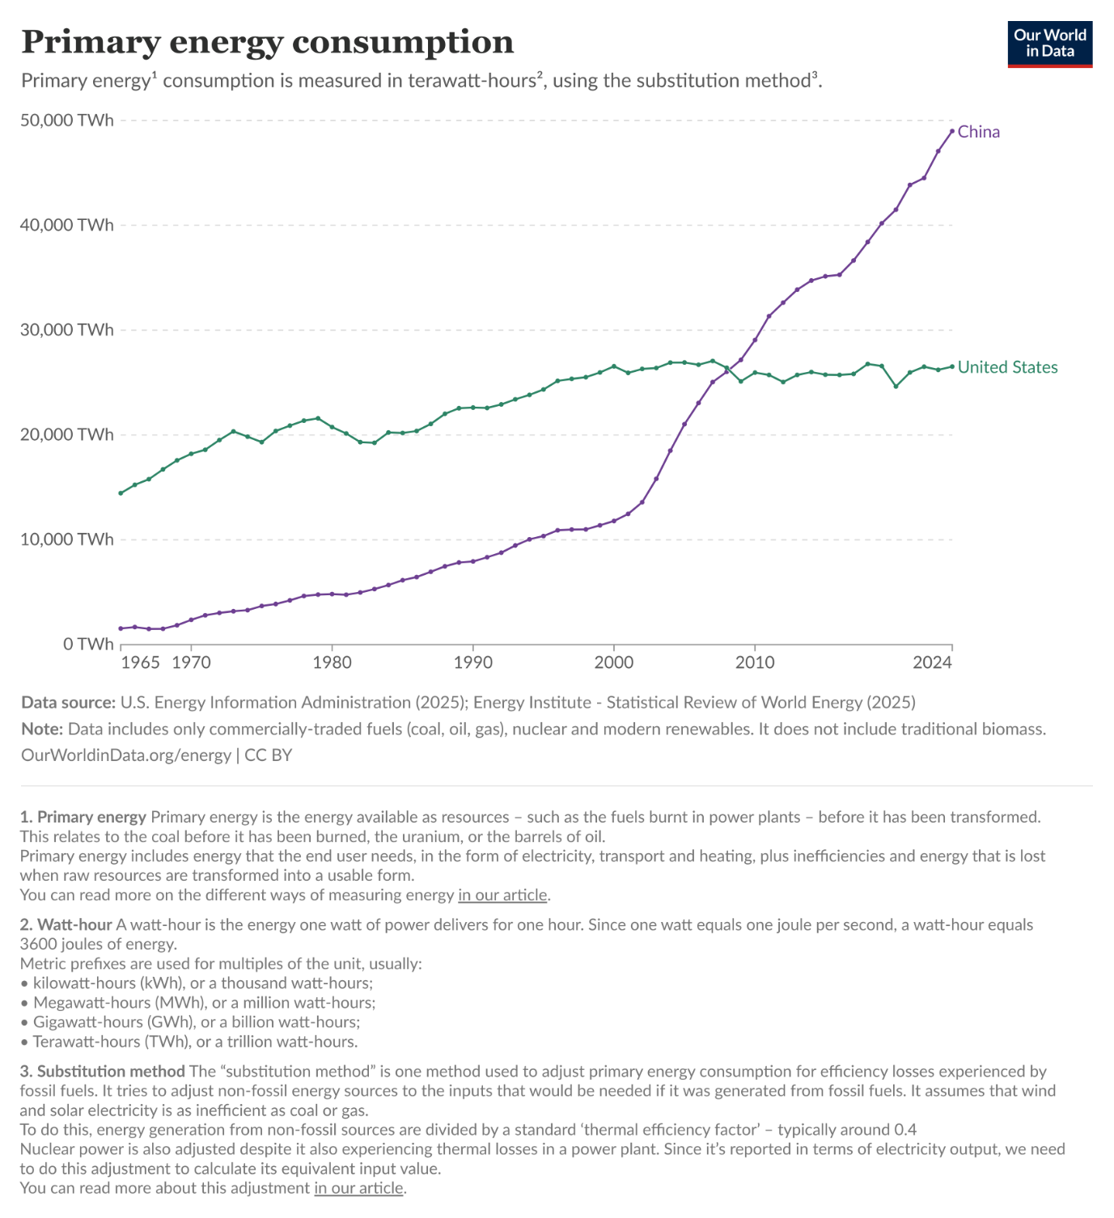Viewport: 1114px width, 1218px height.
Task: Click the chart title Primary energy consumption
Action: pyautogui.click(x=267, y=42)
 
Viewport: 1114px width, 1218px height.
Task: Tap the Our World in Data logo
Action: pyautogui.click(x=1049, y=44)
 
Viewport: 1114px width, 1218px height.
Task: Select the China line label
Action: pyautogui.click(x=978, y=132)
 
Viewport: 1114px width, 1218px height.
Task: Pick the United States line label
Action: pyautogui.click(x=1007, y=367)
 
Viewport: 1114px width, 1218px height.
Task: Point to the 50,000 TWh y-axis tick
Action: pyautogui.click(x=67, y=121)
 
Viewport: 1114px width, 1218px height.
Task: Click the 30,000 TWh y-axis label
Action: pyautogui.click(x=67, y=330)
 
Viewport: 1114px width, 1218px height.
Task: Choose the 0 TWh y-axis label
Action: pyautogui.click(x=89, y=644)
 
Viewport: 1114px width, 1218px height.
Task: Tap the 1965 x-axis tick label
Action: pyautogui.click(x=140, y=662)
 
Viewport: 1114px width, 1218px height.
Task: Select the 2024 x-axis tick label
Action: pyautogui.click(x=932, y=662)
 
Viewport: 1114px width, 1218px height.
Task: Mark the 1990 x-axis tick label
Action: pyautogui.click(x=473, y=662)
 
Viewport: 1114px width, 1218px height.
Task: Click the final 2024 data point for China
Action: pyautogui.click(x=952, y=131)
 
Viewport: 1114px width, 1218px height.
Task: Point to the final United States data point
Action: pyautogui.click(x=952, y=366)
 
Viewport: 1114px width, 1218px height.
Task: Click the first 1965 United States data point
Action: pyautogui.click(x=121, y=493)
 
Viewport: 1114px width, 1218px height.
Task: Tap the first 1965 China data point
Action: pyautogui.click(x=121, y=628)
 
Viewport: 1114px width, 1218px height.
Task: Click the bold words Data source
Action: pyautogui.click(x=68, y=702)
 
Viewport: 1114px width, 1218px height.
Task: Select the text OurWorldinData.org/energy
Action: pyautogui.click(x=126, y=755)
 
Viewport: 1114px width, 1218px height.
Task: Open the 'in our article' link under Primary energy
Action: pyautogui.click(x=503, y=894)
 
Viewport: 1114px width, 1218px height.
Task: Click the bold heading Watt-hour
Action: pyautogui.click(x=74, y=924)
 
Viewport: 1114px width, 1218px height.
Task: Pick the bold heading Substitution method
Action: pyautogui.click(x=111, y=1071)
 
